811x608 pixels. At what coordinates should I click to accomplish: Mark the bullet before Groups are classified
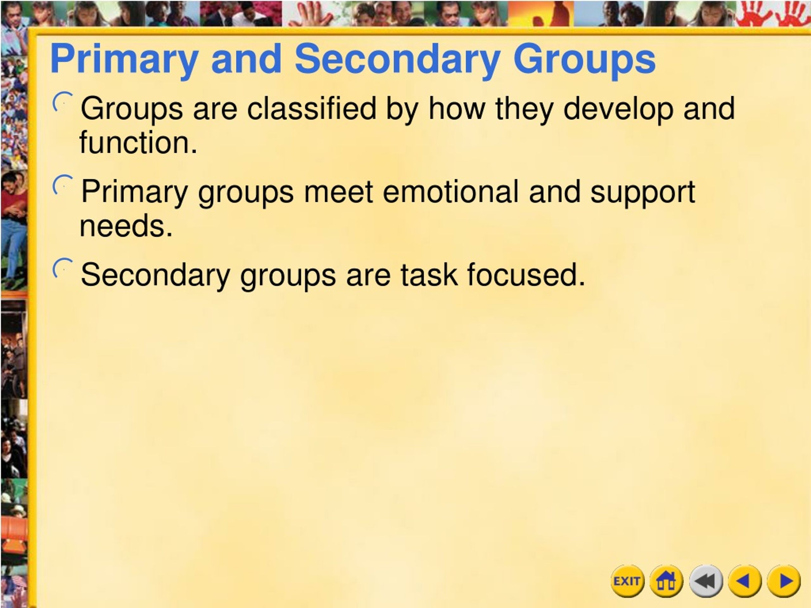tap(62, 102)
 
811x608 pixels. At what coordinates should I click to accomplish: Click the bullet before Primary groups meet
tap(62, 185)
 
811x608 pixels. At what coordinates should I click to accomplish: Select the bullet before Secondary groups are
tap(62, 268)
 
